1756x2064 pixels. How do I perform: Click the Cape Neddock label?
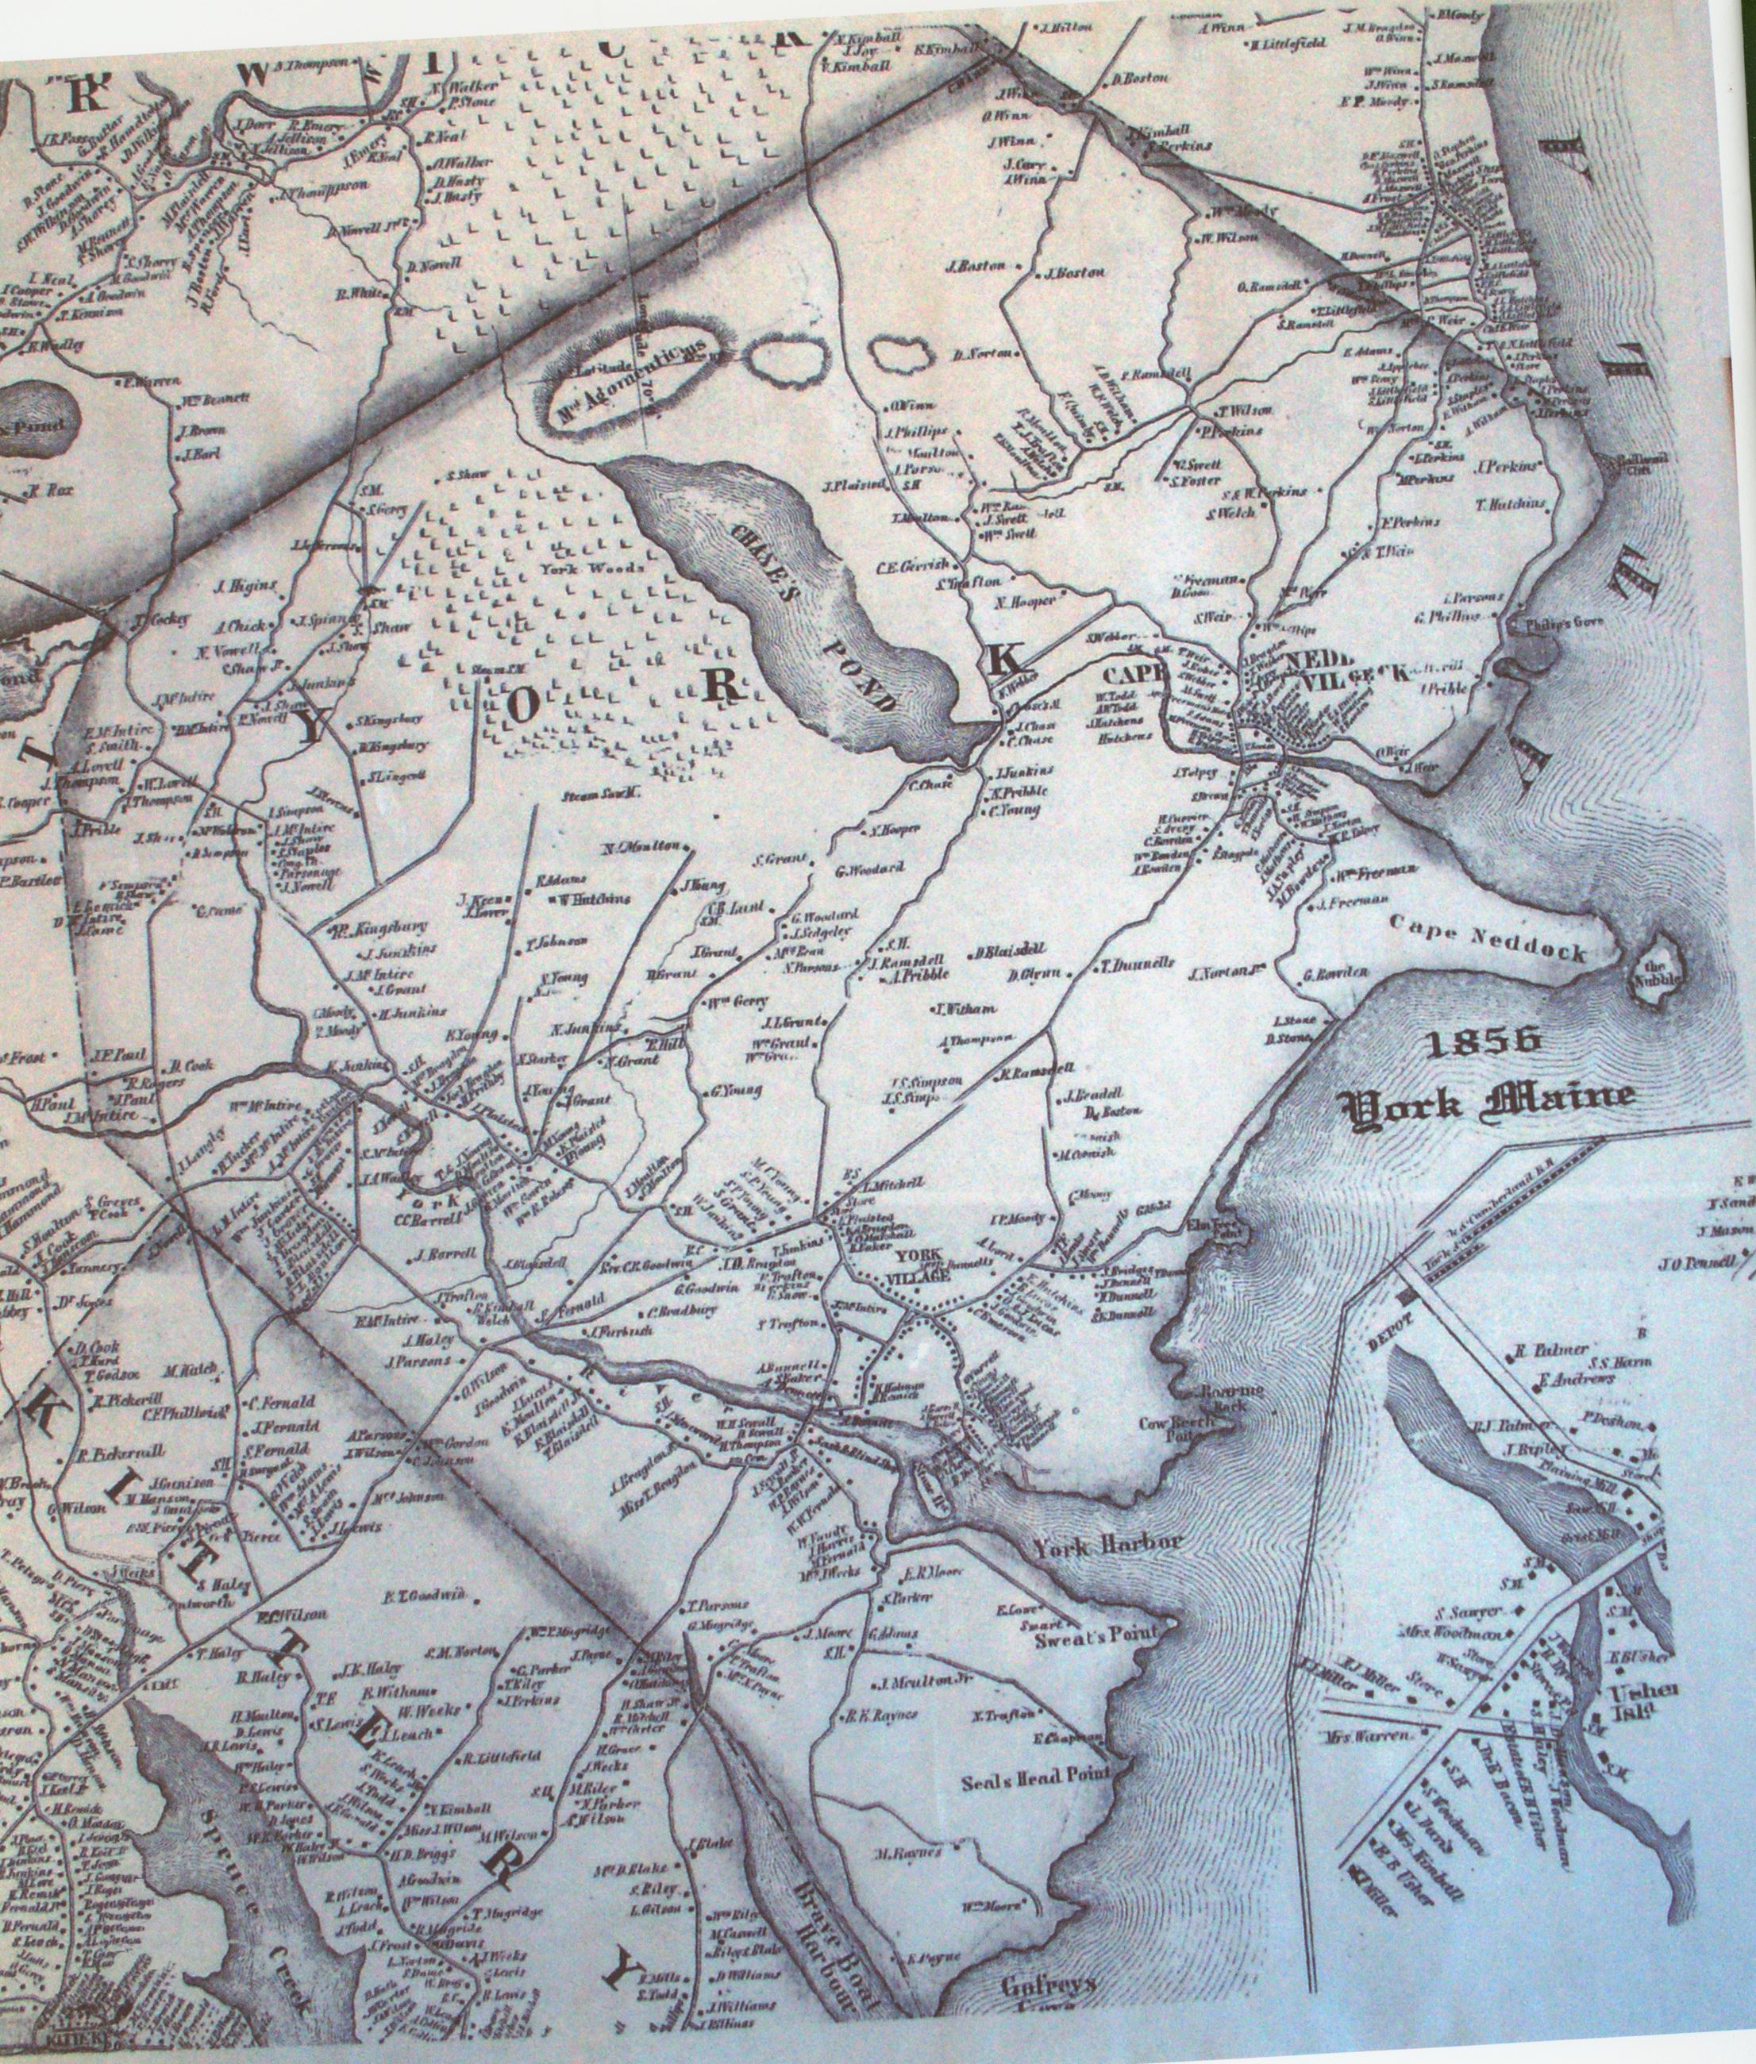(x=1502, y=945)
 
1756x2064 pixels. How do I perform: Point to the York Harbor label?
(x=1107, y=1546)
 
